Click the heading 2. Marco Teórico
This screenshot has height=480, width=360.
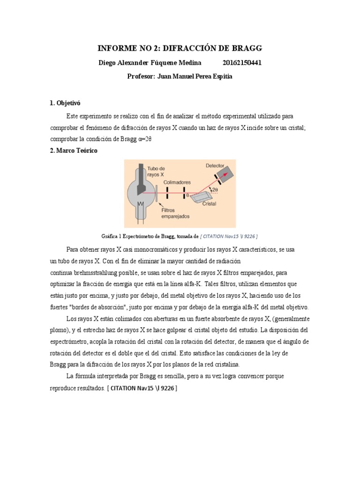74,151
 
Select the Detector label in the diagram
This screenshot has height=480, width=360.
215,166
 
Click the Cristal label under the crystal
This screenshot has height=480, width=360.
209,204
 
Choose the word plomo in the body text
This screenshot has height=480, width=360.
60,330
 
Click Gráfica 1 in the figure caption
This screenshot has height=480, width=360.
112,236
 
